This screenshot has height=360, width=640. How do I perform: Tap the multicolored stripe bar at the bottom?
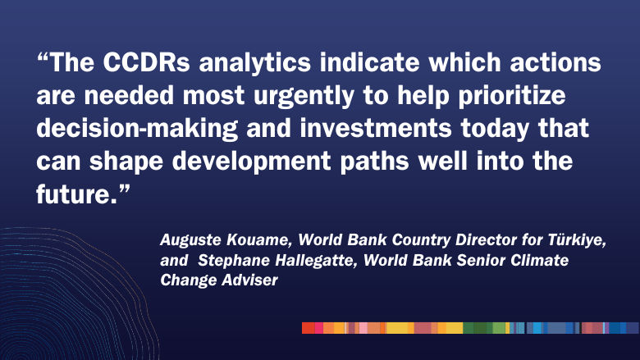(470, 328)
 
